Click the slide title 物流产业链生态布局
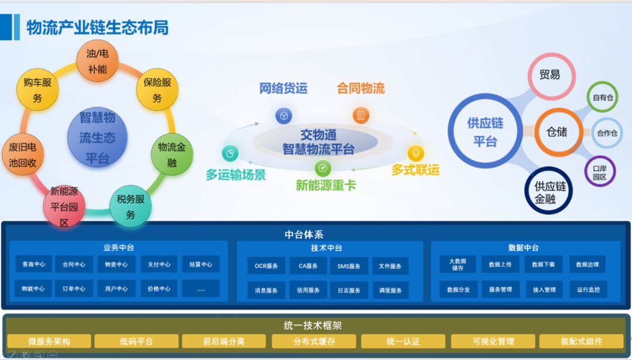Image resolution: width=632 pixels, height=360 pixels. pyautogui.click(x=98, y=27)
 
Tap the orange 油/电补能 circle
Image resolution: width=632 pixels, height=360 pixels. pyautogui.click(x=97, y=61)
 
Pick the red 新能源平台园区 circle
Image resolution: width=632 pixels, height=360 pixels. pyautogui.click(x=64, y=206)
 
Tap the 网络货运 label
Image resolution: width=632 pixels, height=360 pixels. pyautogui.click(x=283, y=88)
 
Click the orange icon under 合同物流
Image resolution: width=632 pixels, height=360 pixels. pyautogui.click(x=360, y=115)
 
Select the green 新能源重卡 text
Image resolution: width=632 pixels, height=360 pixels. pyautogui.click(x=325, y=186)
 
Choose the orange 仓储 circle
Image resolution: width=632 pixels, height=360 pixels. pyautogui.click(x=557, y=132)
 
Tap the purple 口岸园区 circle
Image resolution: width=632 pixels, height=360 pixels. pyautogui.click(x=600, y=172)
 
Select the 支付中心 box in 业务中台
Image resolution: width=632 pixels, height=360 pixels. pyautogui.click(x=159, y=264)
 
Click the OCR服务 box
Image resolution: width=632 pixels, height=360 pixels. pyautogui.click(x=266, y=266)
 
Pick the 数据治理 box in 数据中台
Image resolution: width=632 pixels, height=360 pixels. pyautogui.click(x=588, y=264)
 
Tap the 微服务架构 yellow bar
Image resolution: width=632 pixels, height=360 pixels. pyautogui.click(x=49, y=341)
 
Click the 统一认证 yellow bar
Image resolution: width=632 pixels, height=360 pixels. pyautogui.click(x=403, y=341)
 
